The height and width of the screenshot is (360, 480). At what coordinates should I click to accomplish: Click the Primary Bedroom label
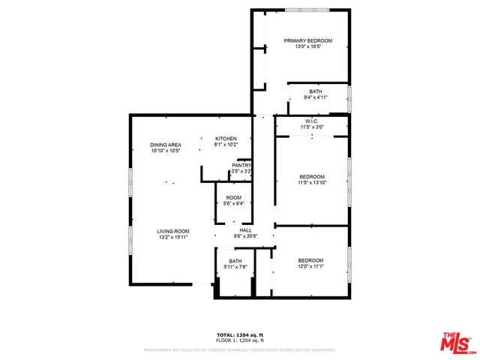point(307,40)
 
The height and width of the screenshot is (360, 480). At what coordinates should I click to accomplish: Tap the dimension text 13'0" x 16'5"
point(307,47)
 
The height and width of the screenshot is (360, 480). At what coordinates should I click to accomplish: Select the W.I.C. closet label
point(312,121)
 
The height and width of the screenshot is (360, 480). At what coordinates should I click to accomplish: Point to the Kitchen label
point(226,139)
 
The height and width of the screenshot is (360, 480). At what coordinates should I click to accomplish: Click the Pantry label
point(241,165)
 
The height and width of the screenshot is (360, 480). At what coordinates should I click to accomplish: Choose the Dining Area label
point(166,145)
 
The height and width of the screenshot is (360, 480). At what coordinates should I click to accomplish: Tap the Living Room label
point(172,231)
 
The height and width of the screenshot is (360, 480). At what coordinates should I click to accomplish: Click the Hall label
point(245,230)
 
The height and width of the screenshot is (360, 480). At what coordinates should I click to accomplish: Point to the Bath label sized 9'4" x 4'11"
point(315,91)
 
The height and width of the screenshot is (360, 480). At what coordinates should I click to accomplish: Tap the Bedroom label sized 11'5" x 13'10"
point(311,177)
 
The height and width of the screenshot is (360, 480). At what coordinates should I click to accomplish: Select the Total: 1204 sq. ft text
point(240,334)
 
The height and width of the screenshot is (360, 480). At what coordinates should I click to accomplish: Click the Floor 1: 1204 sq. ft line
point(240,340)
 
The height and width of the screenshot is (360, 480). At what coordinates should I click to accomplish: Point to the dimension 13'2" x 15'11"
point(172,238)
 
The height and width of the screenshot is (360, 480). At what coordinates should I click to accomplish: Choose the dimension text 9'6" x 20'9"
point(245,237)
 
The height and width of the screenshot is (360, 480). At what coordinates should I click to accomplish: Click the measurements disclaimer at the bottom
point(240,349)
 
